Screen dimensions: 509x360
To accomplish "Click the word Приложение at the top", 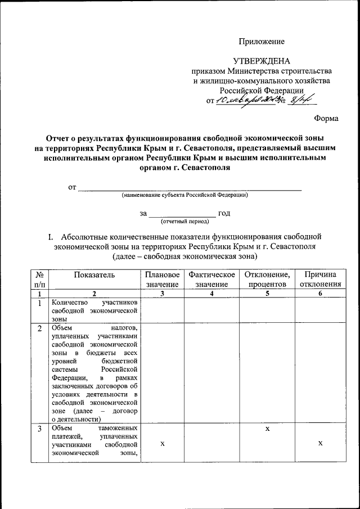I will [262, 41].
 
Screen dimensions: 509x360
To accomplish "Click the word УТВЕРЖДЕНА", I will [262, 61].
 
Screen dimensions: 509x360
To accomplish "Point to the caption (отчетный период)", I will [181, 222].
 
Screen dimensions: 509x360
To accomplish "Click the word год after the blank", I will [224, 213].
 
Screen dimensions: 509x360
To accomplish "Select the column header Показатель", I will [94, 274].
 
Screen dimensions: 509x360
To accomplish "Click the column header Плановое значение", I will [162, 280].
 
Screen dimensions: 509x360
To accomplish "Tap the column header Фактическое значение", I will [211, 280].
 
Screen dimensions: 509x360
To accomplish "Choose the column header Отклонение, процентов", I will [267, 280].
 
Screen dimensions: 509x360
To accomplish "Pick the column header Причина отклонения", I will [319, 280].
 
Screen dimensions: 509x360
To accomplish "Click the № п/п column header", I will [39, 280].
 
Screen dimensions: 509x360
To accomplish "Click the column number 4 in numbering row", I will [211, 294].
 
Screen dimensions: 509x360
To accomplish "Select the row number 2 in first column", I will [39, 328].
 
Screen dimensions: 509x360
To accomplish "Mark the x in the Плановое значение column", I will [162, 443].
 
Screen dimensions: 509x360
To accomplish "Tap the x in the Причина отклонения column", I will [319, 443].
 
